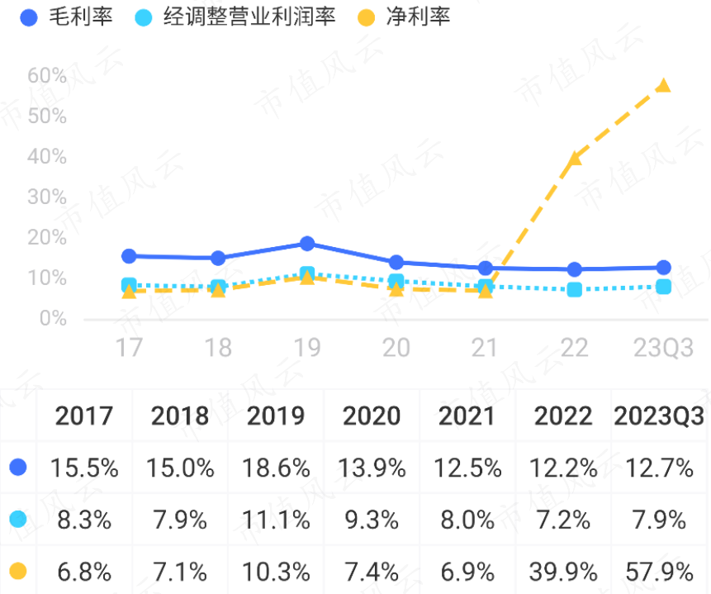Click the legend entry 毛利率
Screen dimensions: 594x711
[66, 16]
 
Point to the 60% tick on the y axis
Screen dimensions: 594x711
[46, 76]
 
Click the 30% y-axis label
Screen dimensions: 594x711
[46, 197]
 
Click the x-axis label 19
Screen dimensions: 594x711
[307, 348]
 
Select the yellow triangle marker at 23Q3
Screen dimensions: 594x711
[663, 86]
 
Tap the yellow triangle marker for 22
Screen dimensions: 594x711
[575, 158]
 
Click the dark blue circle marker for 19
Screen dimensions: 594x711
[307, 244]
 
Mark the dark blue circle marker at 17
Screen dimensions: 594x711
[129, 256]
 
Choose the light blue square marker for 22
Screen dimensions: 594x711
[575, 289]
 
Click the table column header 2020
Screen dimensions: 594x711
[372, 416]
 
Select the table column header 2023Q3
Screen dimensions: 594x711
[658, 416]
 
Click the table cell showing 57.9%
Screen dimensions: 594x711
[658, 571]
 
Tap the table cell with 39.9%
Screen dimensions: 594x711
[563, 571]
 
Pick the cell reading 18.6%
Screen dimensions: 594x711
[276, 468]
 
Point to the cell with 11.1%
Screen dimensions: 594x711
[276, 520]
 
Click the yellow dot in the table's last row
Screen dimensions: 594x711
[18, 571]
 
